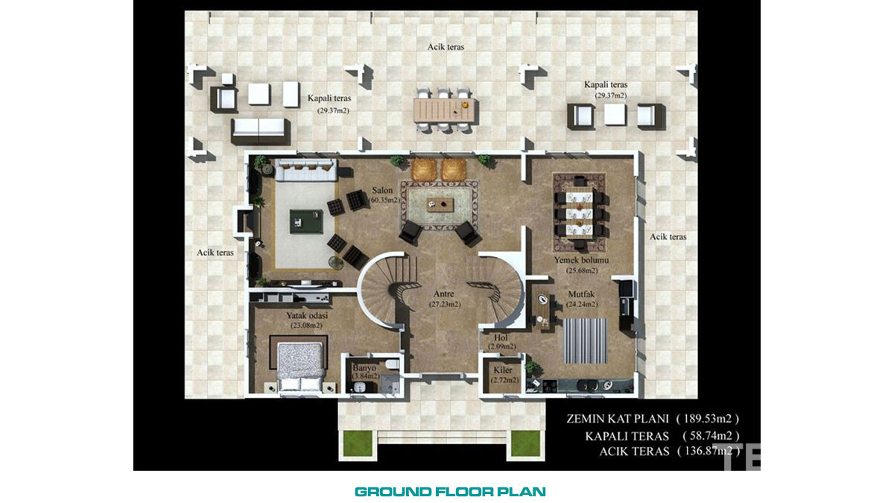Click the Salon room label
382,191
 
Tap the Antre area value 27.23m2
445,304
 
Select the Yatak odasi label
307,315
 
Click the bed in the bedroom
301,366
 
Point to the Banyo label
364,367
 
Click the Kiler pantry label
503,370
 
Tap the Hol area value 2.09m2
502,347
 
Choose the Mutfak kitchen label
582,294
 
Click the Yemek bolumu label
582,260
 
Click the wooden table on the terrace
444,110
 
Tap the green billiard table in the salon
306,221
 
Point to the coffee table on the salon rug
440,204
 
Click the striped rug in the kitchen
586,341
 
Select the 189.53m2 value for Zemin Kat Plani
708,418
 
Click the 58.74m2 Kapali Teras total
711,435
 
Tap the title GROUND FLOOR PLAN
450,492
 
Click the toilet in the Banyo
392,364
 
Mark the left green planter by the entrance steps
358,443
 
